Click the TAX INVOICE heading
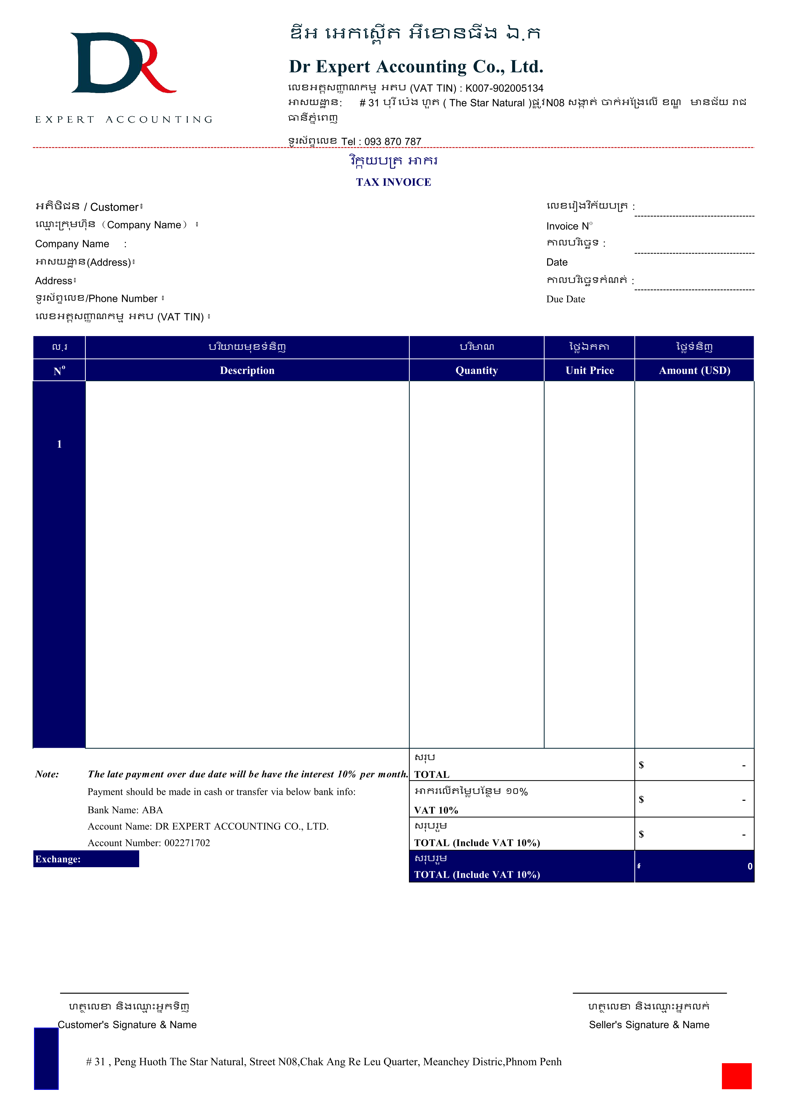click(393, 182)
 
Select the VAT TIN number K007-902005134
click(504, 88)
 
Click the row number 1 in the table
click(59, 444)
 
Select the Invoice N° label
click(569, 226)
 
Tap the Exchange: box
click(86, 859)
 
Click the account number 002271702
click(187, 843)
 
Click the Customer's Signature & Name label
click(127, 1025)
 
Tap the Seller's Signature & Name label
click(649, 1025)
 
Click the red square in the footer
click(736, 1076)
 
